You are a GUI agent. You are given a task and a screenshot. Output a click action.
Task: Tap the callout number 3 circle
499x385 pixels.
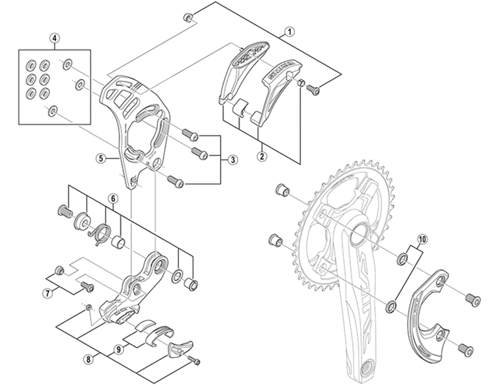232,160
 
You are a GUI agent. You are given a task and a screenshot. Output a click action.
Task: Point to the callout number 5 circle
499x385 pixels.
99,158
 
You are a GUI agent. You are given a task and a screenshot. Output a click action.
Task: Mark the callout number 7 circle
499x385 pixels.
47,292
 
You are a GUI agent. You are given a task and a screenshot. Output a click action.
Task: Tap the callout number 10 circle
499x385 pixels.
422,238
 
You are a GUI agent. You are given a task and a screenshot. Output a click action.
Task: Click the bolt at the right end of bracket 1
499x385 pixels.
314,92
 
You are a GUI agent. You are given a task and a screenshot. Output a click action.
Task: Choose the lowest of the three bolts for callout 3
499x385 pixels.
175,181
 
